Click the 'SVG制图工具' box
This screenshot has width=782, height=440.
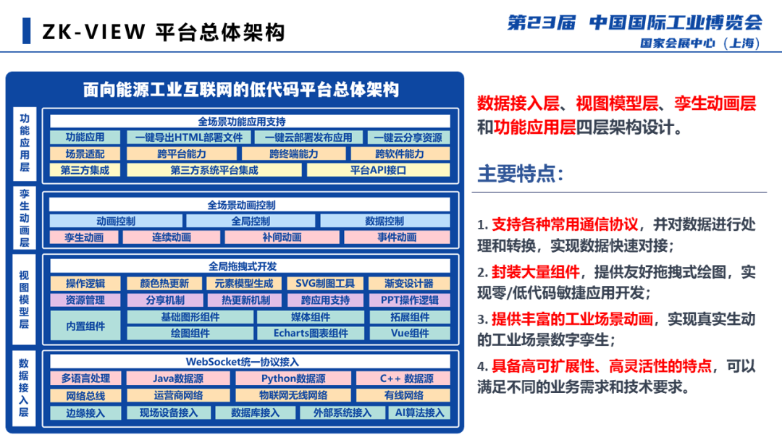(x=325, y=284)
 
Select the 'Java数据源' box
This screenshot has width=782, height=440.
(x=178, y=378)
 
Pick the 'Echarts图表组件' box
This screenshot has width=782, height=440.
(x=311, y=334)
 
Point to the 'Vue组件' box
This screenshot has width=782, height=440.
(x=410, y=334)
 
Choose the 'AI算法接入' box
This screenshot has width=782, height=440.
(x=419, y=412)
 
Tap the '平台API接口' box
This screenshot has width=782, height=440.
(x=378, y=171)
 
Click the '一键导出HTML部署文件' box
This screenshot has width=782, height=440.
(x=189, y=137)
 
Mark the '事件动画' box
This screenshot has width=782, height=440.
(x=397, y=237)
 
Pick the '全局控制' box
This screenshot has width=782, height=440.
(x=251, y=221)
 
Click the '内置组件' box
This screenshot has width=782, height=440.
(x=85, y=326)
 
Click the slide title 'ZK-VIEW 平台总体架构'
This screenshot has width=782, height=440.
(x=163, y=32)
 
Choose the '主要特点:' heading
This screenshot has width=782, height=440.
(x=520, y=174)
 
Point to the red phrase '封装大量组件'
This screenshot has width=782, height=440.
(x=536, y=272)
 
